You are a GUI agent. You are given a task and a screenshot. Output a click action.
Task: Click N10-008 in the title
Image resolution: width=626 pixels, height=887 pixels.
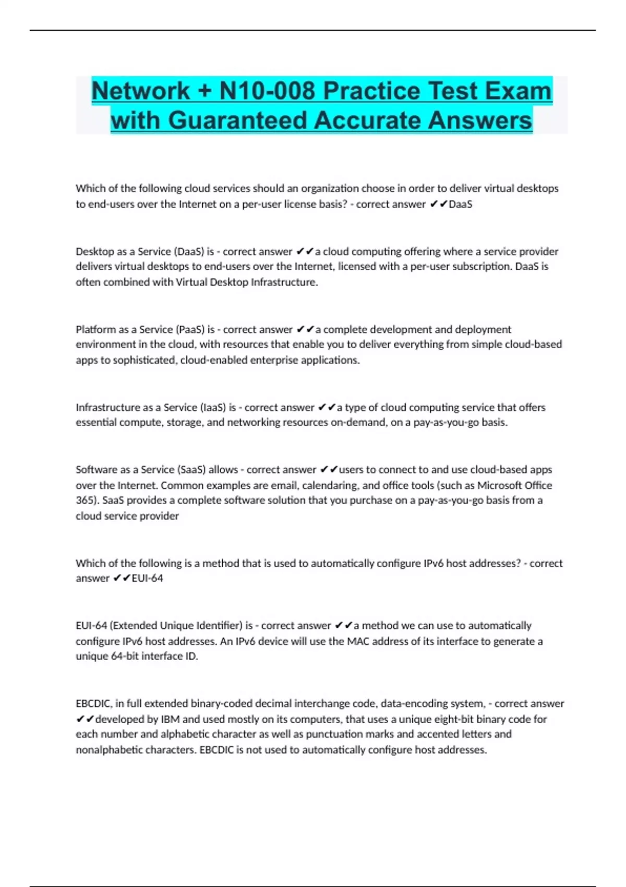click(x=268, y=91)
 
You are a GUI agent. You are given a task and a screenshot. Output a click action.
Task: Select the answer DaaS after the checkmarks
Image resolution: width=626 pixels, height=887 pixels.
click(x=461, y=204)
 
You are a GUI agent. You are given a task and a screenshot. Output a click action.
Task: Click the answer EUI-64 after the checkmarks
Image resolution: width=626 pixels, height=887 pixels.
click(x=148, y=578)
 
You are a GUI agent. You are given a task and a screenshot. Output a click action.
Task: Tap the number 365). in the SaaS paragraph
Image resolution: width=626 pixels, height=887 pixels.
click(x=87, y=500)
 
